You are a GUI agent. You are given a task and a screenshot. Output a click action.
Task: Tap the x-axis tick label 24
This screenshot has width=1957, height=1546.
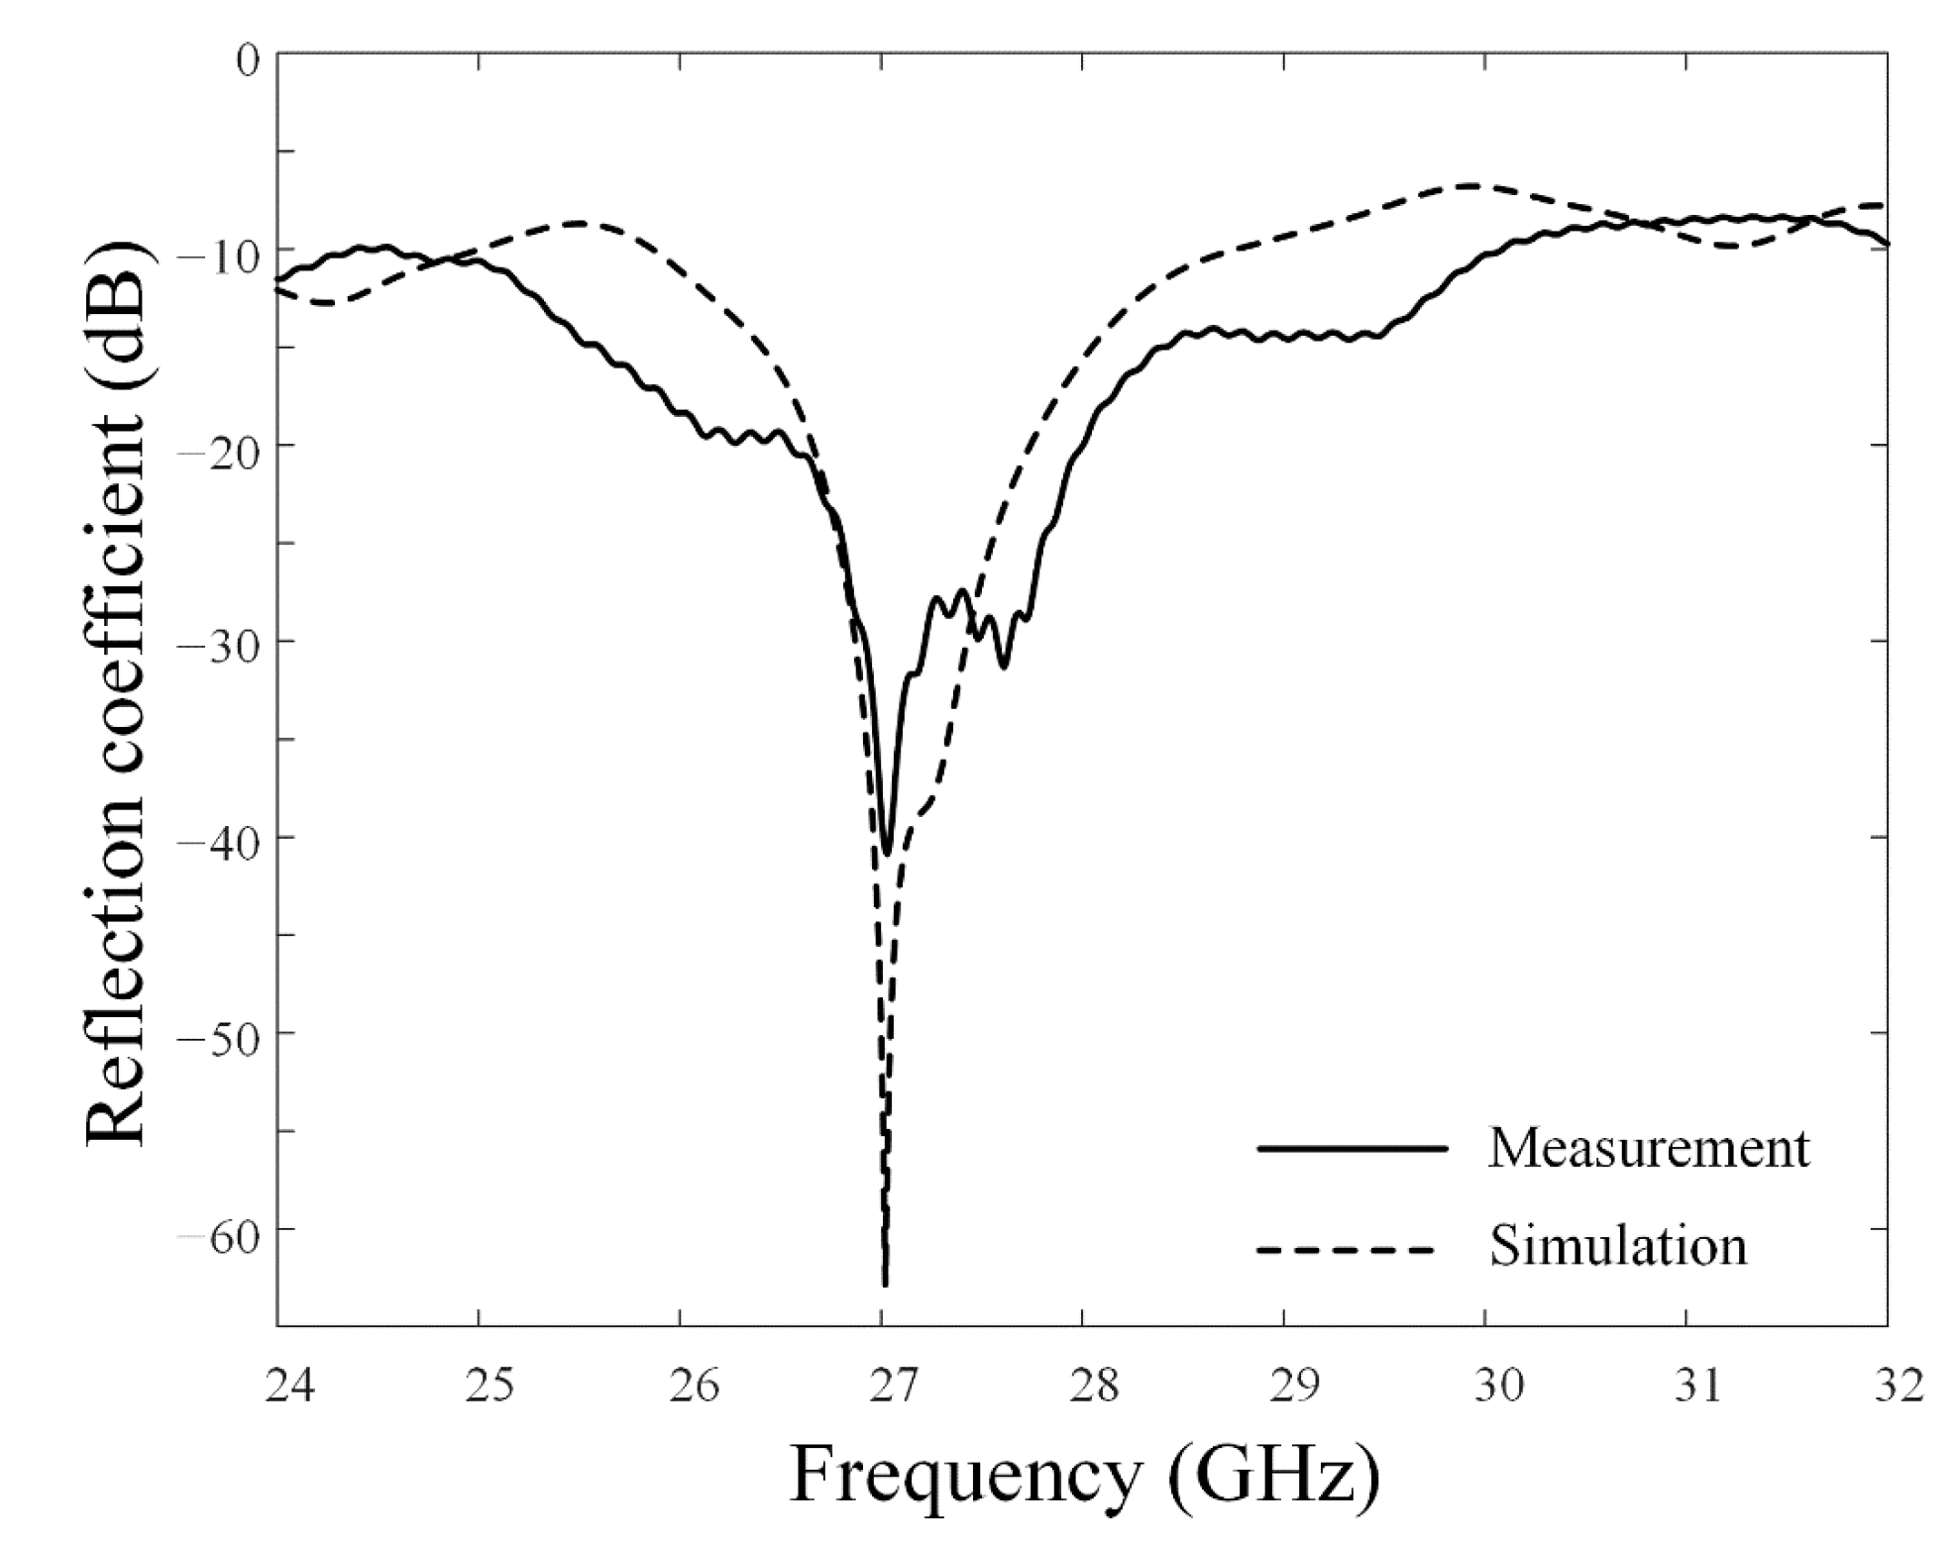[x=289, y=1387]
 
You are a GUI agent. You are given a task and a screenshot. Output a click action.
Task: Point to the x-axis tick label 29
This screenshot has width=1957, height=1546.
[x=1296, y=1387]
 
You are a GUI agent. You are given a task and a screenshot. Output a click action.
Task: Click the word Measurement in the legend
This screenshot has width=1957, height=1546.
[x=1648, y=1149]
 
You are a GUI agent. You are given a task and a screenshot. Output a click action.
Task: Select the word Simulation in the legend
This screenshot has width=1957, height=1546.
[x=1617, y=1246]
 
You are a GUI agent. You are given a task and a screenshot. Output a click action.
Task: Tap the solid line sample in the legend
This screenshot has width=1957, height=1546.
[x=1353, y=1149]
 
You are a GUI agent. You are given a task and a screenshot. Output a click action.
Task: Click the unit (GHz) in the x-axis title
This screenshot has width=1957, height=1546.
[x=1272, y=1478]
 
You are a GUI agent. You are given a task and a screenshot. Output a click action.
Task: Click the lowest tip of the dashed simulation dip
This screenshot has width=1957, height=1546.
[x=885, y=1284]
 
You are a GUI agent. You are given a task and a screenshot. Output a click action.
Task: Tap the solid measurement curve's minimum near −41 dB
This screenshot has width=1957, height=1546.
[x=886, y=852]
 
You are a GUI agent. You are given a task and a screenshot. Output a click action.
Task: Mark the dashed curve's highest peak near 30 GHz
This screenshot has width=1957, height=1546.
[x=1473, y=185]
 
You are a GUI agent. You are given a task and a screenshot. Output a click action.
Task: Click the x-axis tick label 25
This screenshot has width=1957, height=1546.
[x=490, y=1387]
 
